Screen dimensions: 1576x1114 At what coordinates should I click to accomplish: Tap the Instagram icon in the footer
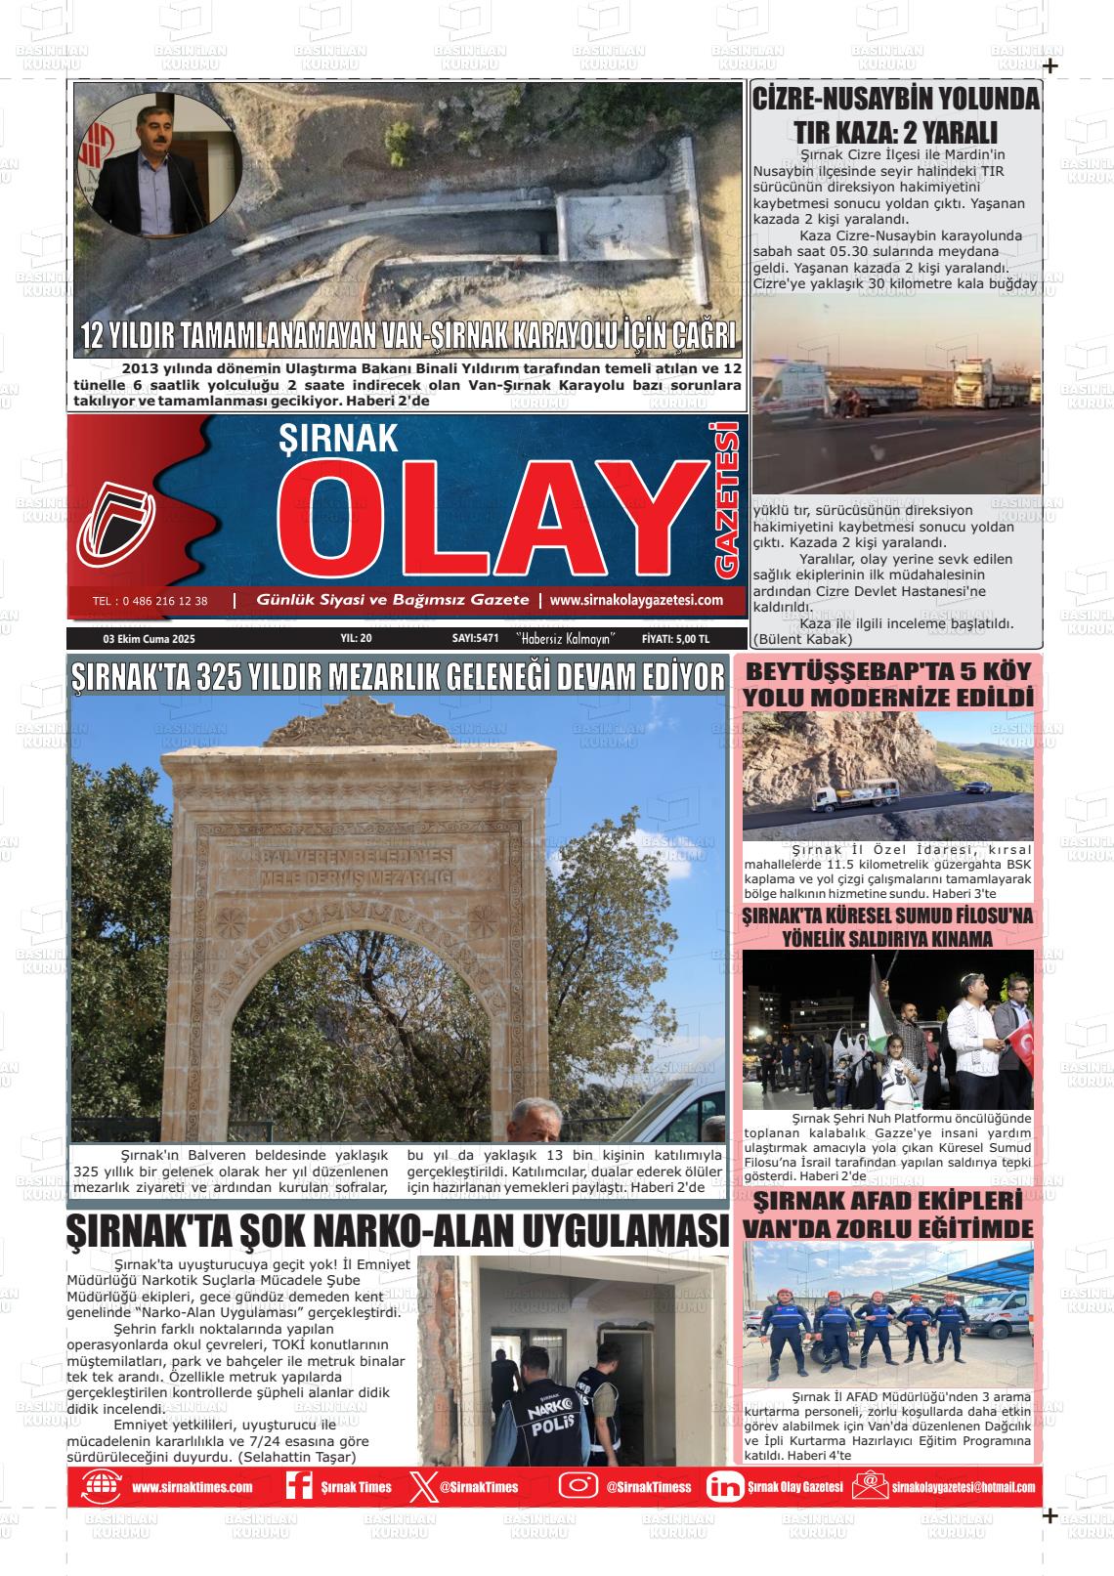(578, 1485)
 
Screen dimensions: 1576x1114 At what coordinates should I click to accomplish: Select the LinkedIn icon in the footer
(724, 1486)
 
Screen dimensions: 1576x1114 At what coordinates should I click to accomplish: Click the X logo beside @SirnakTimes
(421, 1486)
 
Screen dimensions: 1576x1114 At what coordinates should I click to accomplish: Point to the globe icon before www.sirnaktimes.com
(101, 1486)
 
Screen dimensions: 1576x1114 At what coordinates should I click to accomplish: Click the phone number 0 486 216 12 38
(150, 601)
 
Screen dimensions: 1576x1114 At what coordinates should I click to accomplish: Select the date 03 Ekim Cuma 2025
(150, 639)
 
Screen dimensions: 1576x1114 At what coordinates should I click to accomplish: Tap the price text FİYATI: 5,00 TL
(675, 639)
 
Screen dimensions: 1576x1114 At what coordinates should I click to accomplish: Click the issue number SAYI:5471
(476, 639)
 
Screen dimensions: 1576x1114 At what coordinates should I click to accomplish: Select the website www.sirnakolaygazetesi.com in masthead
(636, 600)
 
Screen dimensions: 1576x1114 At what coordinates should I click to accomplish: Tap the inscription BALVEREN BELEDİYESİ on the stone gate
(355, 853)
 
